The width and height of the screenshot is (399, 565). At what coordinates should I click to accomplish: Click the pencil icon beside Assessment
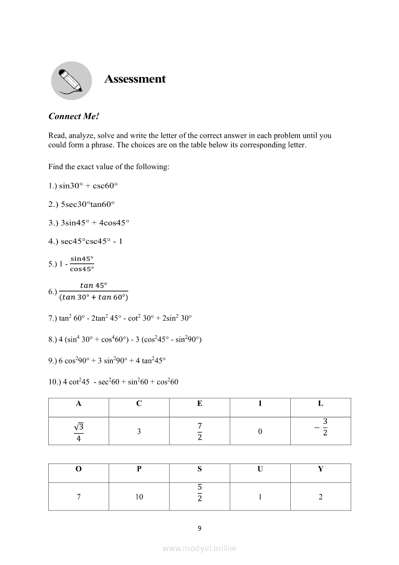(x=71, y=80)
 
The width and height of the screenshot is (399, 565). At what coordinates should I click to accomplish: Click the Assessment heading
(x=135, y=79)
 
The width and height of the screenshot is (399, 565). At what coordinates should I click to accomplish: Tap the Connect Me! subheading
(x=73, y=116)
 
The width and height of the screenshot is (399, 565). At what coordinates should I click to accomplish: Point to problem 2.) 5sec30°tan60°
(x=82, y=204)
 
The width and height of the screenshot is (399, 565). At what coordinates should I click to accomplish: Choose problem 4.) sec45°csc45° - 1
(x=85, y=241)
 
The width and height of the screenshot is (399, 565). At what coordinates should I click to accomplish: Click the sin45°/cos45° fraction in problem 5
(x=82, y=264)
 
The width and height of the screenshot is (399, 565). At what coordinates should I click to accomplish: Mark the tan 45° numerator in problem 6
(x=94, y=285)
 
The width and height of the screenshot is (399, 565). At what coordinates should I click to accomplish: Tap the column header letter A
(x=79, y=404)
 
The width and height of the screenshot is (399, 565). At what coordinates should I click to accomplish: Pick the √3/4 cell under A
(x=79, y=431)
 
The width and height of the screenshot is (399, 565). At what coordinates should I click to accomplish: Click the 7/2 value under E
(x=199, y=431)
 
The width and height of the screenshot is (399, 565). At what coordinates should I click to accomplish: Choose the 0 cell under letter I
(x=260, y=431)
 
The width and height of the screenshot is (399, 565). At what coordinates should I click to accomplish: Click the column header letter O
(x=79, y=469)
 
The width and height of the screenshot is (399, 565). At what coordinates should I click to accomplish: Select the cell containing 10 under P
(x=139, y=497)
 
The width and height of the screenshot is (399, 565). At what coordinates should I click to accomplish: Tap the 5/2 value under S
(x=199, y=493)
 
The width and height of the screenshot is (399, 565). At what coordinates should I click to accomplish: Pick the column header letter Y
(x=320, y=469)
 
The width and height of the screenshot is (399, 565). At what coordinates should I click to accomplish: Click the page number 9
(x=199, y=528)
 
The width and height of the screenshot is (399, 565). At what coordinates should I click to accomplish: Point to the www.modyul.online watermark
(x=199, y=549)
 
